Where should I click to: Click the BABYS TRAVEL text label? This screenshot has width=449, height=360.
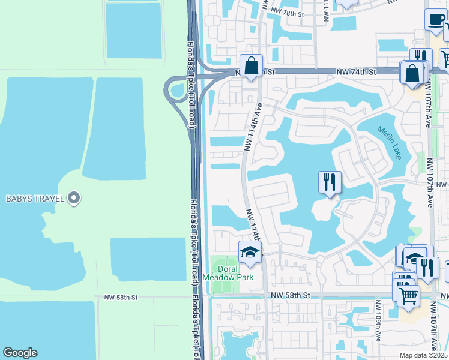tap(34, 199)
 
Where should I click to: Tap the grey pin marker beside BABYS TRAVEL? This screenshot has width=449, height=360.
tap(74, 197)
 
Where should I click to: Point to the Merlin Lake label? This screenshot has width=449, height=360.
tap(390, 142)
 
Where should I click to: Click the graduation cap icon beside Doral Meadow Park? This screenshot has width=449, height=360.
tap(250, 253)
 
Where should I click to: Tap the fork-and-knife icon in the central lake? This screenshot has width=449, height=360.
tap(330, 182)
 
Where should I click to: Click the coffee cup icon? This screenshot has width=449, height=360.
tap(435, 20)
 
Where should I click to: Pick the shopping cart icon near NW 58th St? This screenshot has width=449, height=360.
tap(408, 294)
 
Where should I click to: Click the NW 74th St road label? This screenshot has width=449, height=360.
tap(355, 72)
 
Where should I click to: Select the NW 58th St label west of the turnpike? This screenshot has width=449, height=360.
tap(121, 297)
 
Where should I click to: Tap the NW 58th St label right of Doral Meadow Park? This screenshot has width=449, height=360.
tap(290, 296)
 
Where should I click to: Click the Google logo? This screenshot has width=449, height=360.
tap(20, 353)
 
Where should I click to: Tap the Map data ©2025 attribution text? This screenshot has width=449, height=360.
tap(423, 355)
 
